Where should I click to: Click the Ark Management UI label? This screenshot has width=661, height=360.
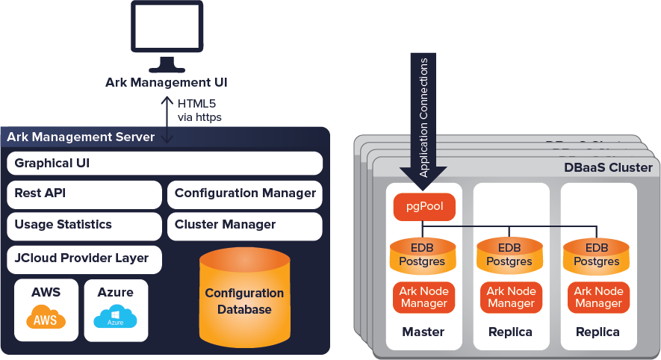167,82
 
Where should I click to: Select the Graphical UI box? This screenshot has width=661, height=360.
164,163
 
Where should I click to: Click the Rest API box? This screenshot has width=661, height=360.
84,193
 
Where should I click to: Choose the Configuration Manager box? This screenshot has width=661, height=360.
245,193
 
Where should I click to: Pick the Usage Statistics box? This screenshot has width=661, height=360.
84,225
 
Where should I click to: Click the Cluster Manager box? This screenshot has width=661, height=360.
245,225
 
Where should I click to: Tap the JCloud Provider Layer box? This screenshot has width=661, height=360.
84,258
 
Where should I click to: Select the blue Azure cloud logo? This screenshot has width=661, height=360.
115,319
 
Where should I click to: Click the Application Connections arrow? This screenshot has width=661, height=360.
423,123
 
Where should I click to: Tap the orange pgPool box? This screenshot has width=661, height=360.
423,206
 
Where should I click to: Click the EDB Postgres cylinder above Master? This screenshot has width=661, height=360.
423,255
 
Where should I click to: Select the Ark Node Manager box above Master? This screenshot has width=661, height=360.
423,297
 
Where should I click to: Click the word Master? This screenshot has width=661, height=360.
423,332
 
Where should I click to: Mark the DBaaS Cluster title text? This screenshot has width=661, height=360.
608,168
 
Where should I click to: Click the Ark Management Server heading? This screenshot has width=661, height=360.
81,137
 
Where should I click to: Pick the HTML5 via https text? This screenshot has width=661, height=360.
199,111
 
